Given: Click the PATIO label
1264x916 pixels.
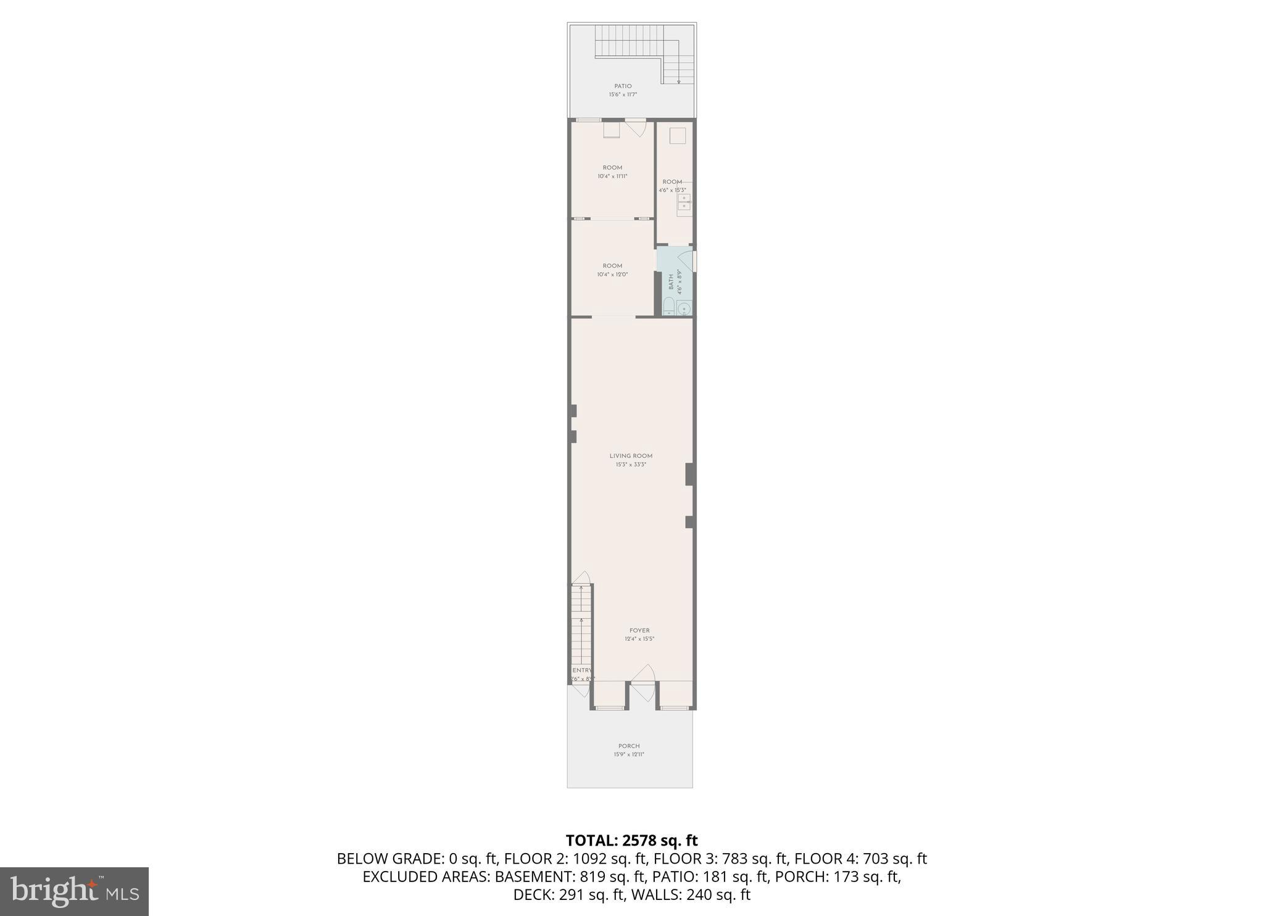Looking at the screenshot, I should click(622, 86).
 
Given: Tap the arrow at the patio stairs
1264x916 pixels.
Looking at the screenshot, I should click(678, 80).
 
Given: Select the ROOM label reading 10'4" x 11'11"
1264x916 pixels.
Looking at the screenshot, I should click(612, 168).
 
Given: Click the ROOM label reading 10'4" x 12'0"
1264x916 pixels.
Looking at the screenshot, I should click(612, 266).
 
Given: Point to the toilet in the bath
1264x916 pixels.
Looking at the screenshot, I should click(668, 306).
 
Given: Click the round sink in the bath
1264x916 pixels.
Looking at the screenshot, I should click(684, 308).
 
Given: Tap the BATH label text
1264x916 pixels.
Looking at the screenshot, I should click(671, 283).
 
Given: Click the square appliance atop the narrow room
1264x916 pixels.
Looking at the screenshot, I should click(677, 136).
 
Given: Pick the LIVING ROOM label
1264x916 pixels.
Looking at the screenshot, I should click(631, 456).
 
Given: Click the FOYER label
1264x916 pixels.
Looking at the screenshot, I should click(639, 630).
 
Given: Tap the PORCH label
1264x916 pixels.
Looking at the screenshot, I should click(629, 746).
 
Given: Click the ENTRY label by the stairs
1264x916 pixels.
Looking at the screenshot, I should click(582, 670).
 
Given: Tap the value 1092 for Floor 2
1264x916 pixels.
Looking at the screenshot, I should click(588, 859).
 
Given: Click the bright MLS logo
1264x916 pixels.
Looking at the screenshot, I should click(74, 891).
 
